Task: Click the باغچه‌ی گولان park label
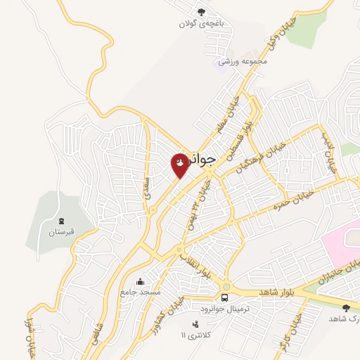(203, 23)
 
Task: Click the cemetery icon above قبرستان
(61, 221)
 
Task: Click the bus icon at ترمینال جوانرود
(226, 287)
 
